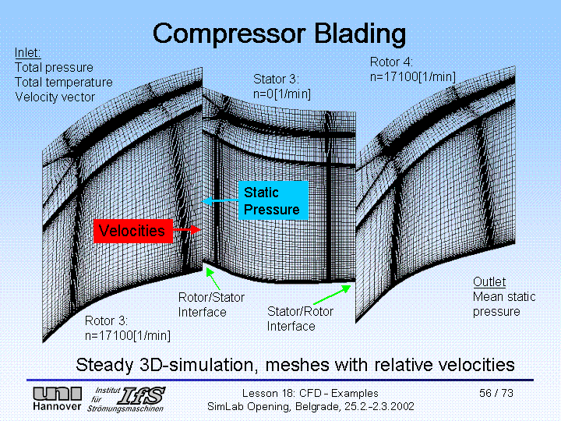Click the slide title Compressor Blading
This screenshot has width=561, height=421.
[x=279, y=34]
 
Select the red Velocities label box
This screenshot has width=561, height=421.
[x=132, y=231]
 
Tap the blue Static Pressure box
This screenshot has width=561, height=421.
[x=271, y=200]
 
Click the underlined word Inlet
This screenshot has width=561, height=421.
[x=28, y=53]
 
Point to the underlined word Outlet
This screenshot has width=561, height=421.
[x=489, y=281]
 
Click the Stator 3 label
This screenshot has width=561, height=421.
[x=276, y=79]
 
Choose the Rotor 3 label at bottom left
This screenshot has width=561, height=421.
[x=106, y=320]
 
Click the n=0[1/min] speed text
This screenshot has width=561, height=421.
[x=282, y=94]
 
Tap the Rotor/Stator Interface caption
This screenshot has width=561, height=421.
[x=211, y=305]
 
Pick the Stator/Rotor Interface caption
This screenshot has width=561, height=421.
[x=300, y=319]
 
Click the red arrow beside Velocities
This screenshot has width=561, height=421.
[x=187, y=231]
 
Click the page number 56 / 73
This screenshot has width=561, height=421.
[x=496, y=393]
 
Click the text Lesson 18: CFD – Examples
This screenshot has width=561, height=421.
[x=310, y=393]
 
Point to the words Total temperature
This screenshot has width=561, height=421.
[x=63, y=82]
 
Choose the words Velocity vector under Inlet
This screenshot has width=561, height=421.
[x=55, y=97]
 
